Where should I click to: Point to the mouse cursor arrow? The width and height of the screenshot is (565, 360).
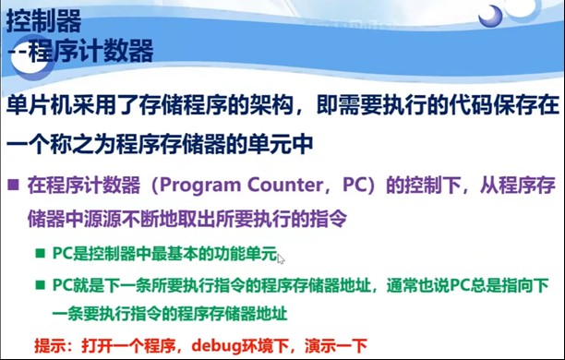coord(281,259)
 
